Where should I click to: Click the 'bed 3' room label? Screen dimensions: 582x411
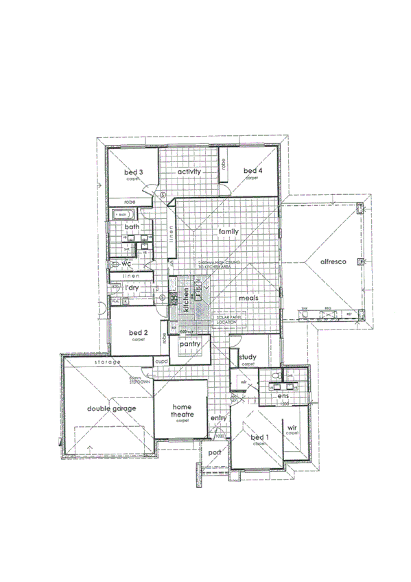coord(133,172)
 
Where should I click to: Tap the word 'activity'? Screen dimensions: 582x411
coord(189,172)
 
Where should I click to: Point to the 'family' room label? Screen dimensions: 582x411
coord(228,232)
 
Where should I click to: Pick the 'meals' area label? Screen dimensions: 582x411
coord(248,299)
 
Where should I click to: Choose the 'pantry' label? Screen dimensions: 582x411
coord(189,343)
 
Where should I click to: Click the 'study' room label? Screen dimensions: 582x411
coord(248,357)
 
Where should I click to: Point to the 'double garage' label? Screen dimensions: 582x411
coord(111,409)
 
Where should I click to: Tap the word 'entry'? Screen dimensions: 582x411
coord(218,418)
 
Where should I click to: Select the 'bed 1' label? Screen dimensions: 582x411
coord(259,437)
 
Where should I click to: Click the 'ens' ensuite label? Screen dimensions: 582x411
coord(282,397)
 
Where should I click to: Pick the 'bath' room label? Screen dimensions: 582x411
coord(132,226)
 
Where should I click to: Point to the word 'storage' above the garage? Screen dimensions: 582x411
coord(108,362)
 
